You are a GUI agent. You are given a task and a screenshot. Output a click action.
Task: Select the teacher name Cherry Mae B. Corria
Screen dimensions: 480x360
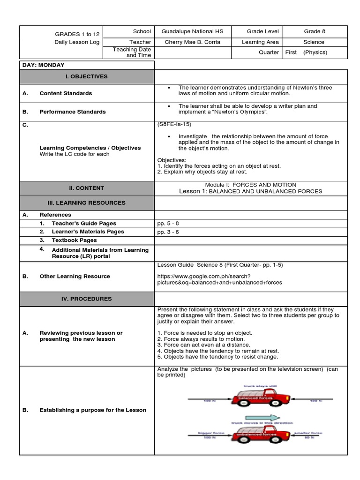coord(192,42)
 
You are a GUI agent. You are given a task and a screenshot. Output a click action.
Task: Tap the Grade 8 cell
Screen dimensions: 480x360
coord(314,31)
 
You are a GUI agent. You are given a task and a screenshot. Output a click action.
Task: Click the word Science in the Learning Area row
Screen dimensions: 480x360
coord(314,42)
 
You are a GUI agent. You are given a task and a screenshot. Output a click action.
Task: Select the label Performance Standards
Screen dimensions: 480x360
coord(73,112)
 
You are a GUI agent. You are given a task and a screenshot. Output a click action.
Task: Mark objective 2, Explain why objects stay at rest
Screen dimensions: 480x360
coord(202,172)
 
